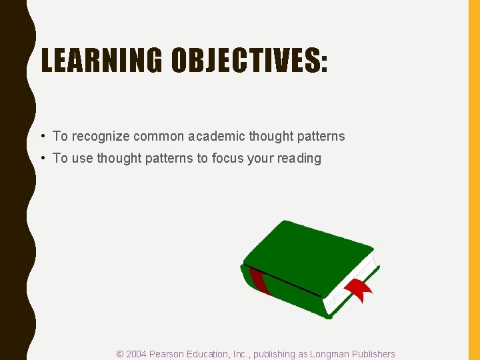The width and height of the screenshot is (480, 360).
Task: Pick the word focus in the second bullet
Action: (228, 158)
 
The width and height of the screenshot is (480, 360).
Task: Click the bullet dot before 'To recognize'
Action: (42, 136)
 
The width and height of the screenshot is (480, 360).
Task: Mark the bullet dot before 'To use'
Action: (42, 158)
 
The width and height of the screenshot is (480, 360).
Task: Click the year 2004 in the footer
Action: (137, 354)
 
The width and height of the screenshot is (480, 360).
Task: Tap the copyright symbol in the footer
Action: (120, 354)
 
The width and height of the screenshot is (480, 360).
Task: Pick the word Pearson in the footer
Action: (168, 354)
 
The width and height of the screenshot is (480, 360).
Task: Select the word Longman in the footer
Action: (327, 354)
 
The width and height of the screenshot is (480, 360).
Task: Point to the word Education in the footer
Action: (213, 354)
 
